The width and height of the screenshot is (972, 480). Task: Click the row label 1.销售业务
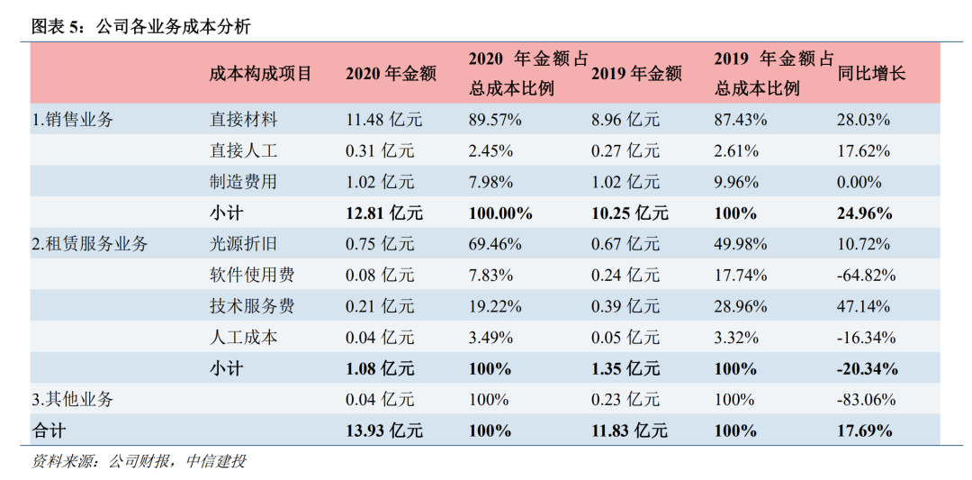coord(73,120)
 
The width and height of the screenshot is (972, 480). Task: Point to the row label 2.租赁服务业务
coord(90,244)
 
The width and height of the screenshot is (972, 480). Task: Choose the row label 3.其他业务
coord(73,399)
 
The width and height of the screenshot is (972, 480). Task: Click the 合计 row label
coord(49,430)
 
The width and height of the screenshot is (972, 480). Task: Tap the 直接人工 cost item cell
coord(243,151)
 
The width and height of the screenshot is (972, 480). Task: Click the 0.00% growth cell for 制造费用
coord(859,182)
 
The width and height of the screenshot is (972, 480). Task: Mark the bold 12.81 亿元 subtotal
coord(384,213)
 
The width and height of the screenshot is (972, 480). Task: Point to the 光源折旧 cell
coord(243,244)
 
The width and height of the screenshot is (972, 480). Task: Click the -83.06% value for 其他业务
coord(867,399)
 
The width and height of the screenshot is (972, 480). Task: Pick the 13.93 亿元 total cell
coord(384,430)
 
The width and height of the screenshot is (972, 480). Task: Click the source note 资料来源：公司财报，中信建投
coord(139,462)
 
